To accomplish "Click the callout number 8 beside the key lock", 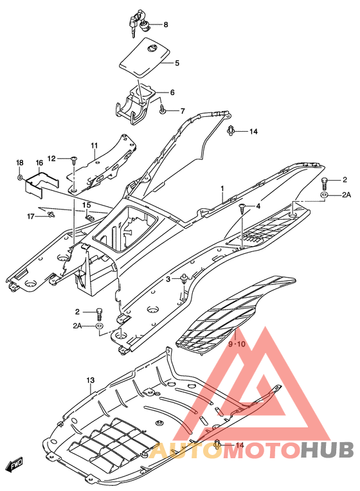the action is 166,24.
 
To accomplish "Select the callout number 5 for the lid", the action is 177,63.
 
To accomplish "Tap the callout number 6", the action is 172,93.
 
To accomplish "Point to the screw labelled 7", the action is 162,109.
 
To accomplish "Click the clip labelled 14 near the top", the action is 231,130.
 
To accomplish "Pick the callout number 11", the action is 94,145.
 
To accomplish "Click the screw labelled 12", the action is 74,160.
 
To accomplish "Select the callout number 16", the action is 39,163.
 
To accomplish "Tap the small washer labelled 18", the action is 20,178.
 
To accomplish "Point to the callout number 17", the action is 30,217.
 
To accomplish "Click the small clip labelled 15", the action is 89,217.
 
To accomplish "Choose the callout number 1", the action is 222,188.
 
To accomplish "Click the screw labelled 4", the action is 242,208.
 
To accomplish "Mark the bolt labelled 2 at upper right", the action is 324,183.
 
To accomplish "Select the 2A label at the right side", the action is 346,195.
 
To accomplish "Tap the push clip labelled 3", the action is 184,279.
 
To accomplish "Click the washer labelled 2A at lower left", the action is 99,326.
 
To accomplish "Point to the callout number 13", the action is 90,380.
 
